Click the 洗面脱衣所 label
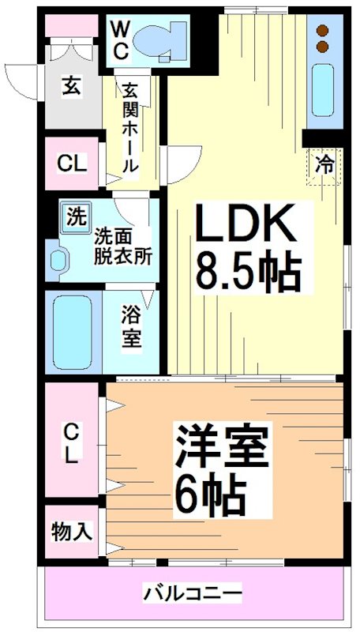click(x=124, y=246)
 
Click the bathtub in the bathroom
click(x=73, y=332)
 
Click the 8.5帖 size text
click(x=248, y=273)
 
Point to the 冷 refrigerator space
click(x=324, y=165)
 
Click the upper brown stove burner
click(x=323, y=31)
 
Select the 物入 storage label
click(x=71, y=531)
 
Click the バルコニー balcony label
click(x=193, y=592)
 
